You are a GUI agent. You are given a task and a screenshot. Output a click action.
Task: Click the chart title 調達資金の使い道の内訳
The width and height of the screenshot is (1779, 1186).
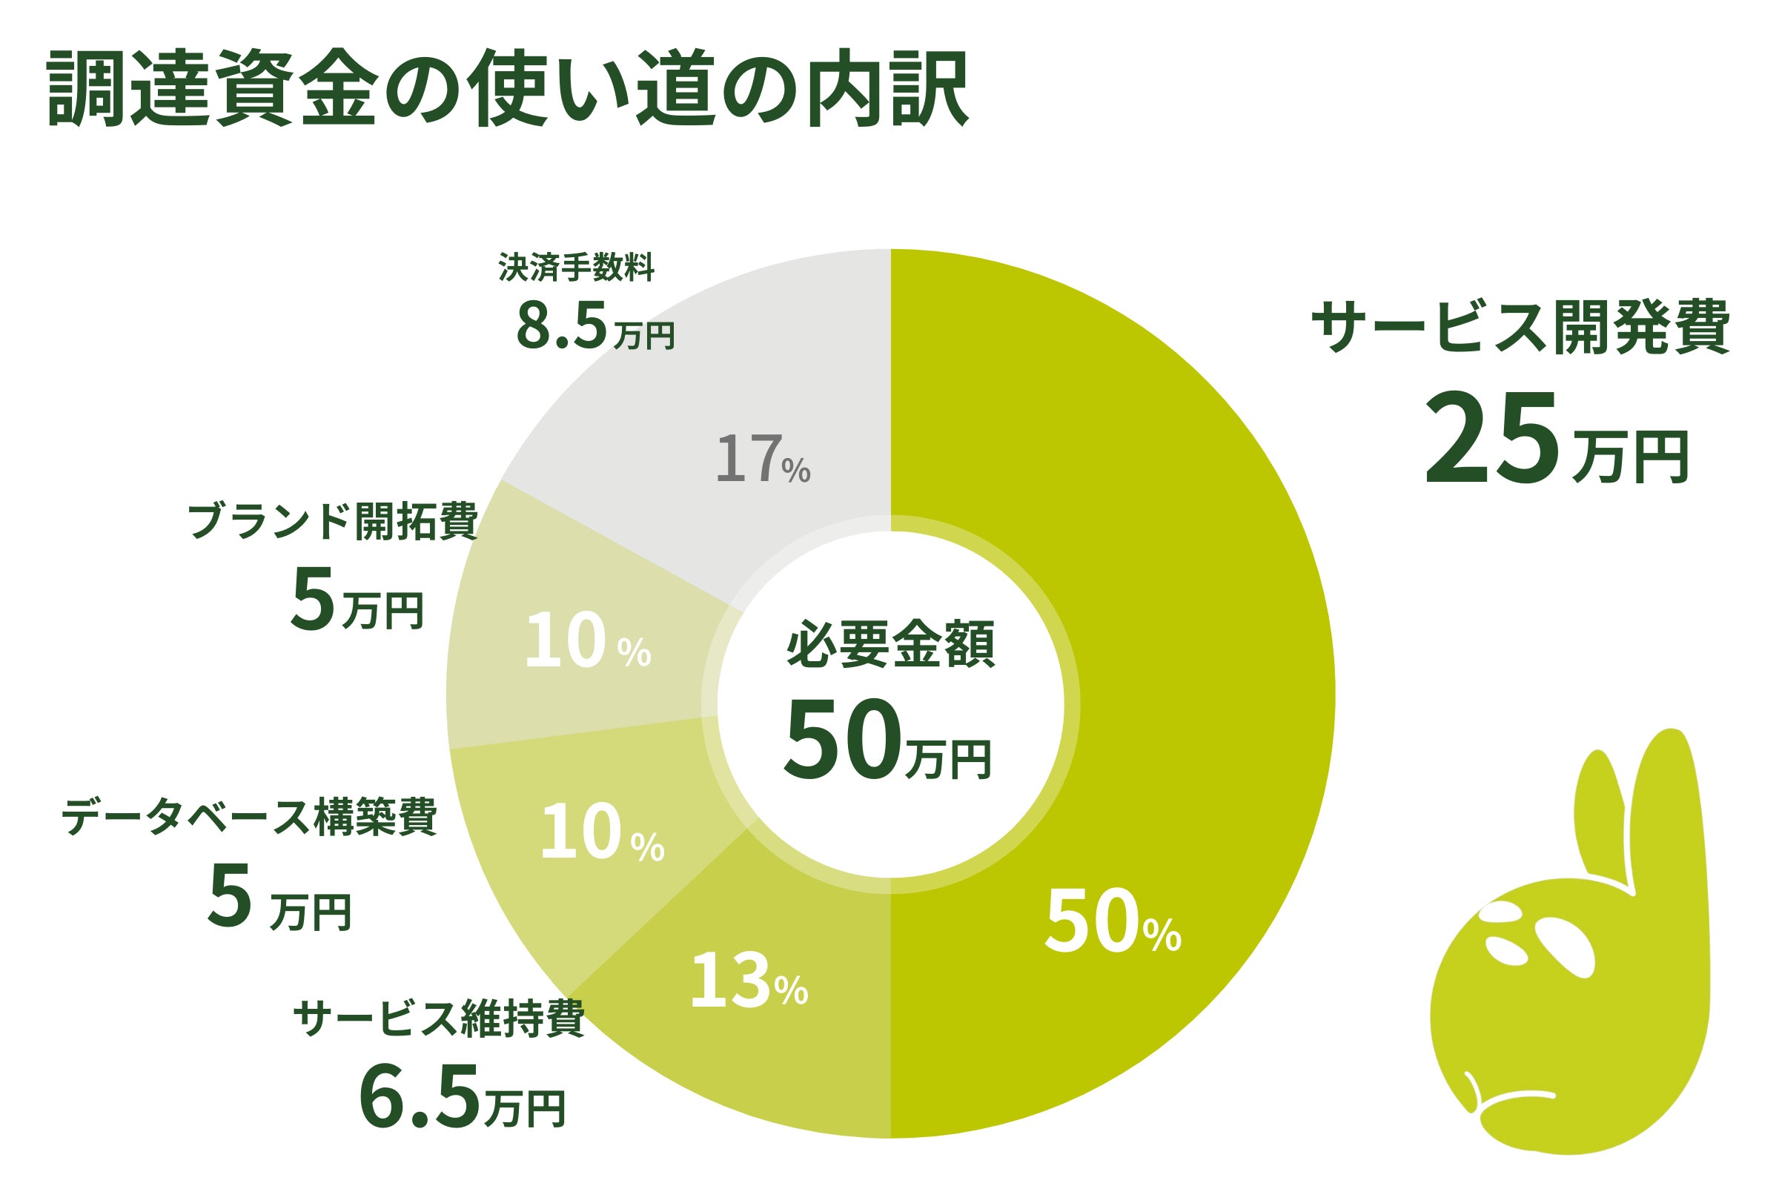[507, 89]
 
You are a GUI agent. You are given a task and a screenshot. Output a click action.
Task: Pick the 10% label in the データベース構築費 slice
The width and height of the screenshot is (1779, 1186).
[602, 833]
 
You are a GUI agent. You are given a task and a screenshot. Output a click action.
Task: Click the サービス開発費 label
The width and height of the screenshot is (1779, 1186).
[1520, 327]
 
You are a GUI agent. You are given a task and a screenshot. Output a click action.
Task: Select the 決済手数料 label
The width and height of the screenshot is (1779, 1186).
[577, 267]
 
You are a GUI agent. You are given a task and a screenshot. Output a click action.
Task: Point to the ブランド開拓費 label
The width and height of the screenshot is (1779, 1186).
[333, 522]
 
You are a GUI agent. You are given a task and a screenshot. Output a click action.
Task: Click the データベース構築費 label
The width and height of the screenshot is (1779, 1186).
[250, 818]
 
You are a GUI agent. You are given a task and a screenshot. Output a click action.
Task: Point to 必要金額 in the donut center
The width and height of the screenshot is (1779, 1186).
[890, 645]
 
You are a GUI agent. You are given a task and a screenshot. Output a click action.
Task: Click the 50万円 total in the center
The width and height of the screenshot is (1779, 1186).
[887, 740]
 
